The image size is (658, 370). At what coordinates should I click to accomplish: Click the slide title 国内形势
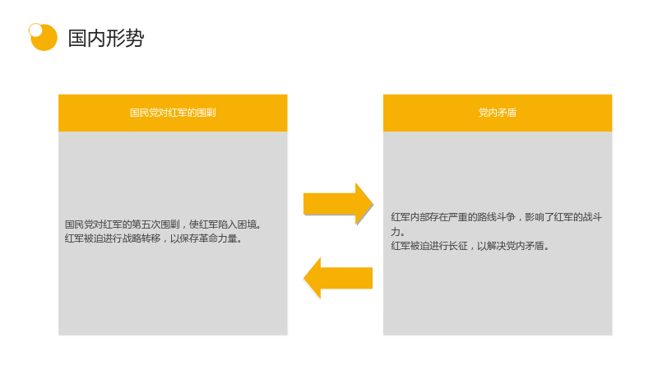(x=106, y=38)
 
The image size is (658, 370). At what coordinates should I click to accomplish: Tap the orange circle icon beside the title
(x=44, y=37)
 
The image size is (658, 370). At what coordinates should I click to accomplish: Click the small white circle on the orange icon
(x=35, y=30)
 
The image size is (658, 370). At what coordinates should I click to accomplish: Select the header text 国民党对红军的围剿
(x=173, y=113)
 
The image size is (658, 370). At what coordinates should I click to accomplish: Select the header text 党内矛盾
(x=498, y=113)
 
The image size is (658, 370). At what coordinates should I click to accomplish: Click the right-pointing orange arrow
(x=338, y=204)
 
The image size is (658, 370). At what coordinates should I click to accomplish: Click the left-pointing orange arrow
(x=338, y=278)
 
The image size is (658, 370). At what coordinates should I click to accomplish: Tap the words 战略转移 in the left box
(x=141, y=238)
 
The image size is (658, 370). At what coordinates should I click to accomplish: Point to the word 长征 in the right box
(x=458, y=246)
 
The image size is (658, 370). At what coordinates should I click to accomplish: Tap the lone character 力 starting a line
(x=396, y=232)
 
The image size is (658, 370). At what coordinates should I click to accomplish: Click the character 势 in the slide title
(x=135, y=38)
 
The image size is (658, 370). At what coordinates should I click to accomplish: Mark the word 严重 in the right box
(x=458, y=217)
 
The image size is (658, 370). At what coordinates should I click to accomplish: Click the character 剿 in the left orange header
(x=211, y=113)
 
